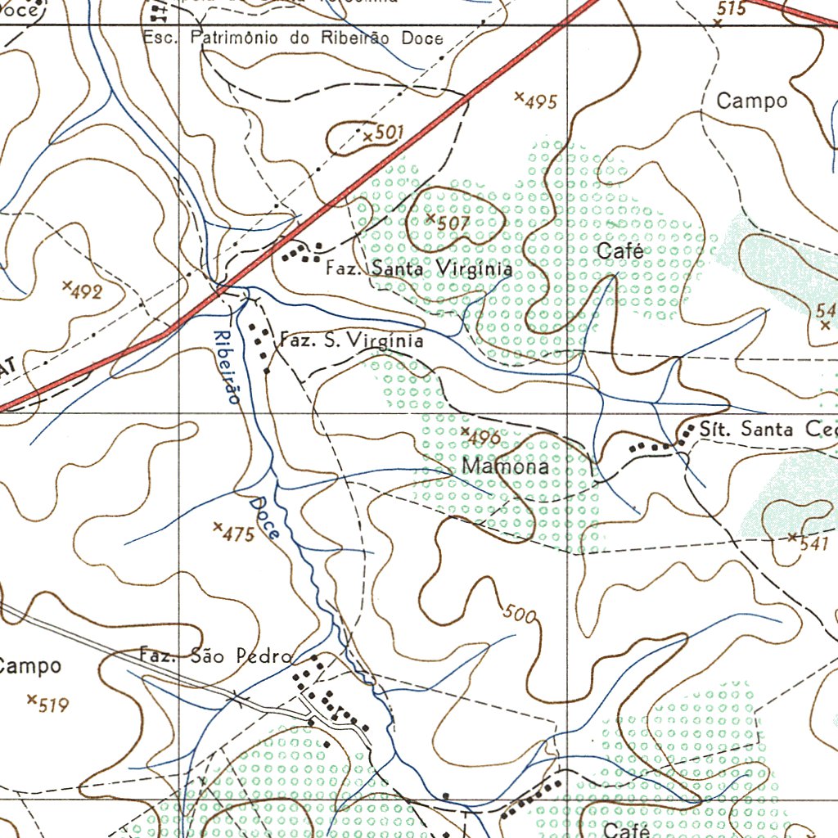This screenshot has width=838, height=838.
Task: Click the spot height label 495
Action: pyautogui.click(x=540, y=102)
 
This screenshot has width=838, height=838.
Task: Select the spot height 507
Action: pyautogui.click(x=452, y=223)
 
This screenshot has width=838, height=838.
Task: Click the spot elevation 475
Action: pyautogui.click(x=238, y=534)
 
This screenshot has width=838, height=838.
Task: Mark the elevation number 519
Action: pyautogui.click(x=52, y=704)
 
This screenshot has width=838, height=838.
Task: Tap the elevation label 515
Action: pyautogui.click(x=731, y=9)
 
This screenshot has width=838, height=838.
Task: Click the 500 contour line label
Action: pyautogui.click(x=520, y=613)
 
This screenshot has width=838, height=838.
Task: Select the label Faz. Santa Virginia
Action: pyautogui.click(x=419, y=268)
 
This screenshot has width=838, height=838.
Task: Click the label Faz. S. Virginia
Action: pyautogui.click(x=352, y=340)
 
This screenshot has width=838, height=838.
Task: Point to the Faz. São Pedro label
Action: pyautogui.click(x=215, y=656)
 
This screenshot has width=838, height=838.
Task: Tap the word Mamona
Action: pyautogui.click(x=505, y=467)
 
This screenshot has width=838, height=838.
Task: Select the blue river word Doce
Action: pyautogui.click(x=265, y=517)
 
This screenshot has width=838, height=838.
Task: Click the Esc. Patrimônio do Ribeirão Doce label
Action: pyautogui.click(x=293, y=38)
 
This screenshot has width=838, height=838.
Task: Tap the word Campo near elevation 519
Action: pyautogui.click(x=29, y=666)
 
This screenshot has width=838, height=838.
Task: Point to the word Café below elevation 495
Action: pyautogui.click(x=620, y=251)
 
